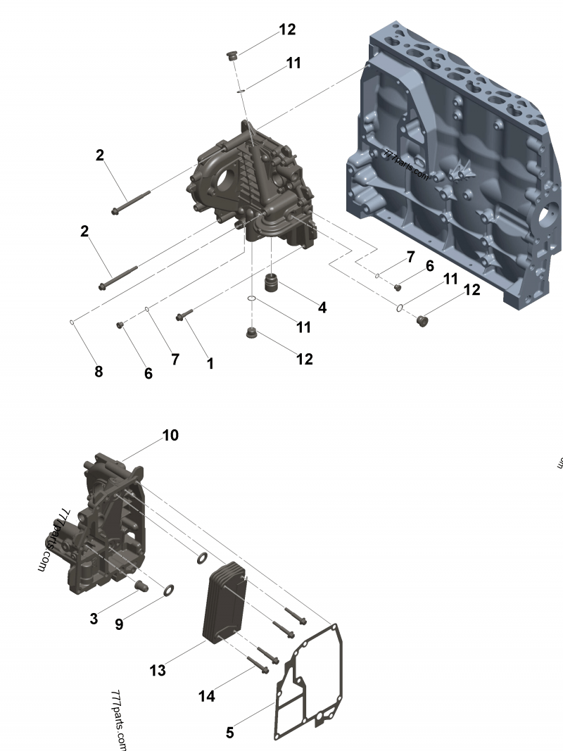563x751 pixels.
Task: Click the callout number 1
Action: pyautogui.click(x=210, y=363)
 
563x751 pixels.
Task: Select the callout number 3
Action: pyautogui.click(x=94, y=619)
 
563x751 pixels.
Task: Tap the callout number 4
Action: pyautogui.click(x=322, y=308)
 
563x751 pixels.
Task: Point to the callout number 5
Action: pyautogui.click(x=230, y=733)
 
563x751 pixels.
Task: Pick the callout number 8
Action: pyautogui.click(x=99, y=372)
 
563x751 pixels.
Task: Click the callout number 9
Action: pyautogui.click(x=119, y=624)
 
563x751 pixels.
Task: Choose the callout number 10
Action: pyautogui.click(x=171, y=435)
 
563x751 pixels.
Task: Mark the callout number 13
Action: pyautogui.click(x=158, y=670)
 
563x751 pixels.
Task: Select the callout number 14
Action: pyautogui.click(x=206, y=696)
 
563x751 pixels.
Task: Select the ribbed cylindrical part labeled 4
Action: pyautogui.click(x=272, y=284)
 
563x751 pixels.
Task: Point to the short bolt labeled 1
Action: pyautogui.click(x=182, y=317)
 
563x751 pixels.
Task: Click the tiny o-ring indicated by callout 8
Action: pyautogui.click(x=72, y=323)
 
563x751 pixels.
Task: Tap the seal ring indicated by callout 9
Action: pyautogui.click(x=170, y=590)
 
